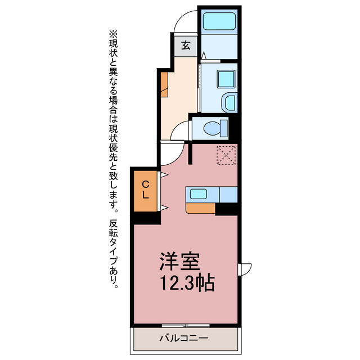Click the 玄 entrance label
click(186, 45)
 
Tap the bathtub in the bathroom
click(219, 21)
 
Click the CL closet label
click(145, 190)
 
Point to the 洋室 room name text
click(180, 261)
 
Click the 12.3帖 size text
click(187, 282)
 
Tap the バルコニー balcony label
click(184, 338)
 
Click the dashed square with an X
click(226, 155)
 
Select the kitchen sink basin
click(199, 194)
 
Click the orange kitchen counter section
click(200, 208)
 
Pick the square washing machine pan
click(226, 79)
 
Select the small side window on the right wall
click(245, 269)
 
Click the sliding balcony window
click(186, 326)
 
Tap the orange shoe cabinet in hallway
click(164, 84)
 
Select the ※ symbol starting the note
click(113, 35)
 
